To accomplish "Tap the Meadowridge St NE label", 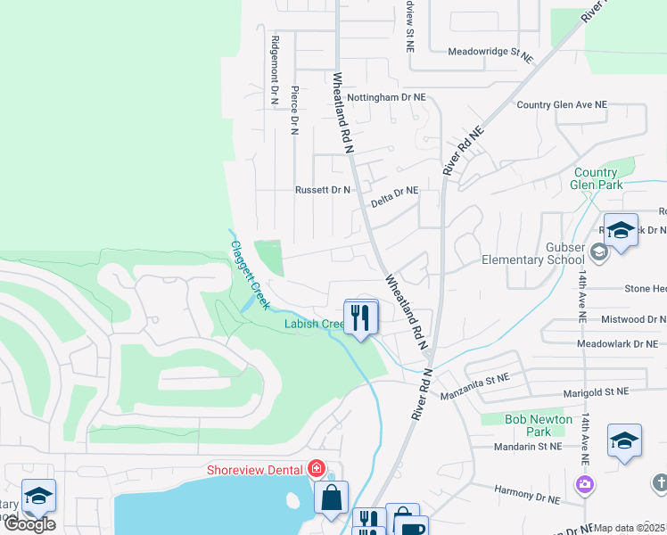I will coord(490,53).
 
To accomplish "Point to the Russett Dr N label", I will coord(323,190).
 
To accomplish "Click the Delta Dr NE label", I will coord(394,190).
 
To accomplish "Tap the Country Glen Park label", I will coord(596,179).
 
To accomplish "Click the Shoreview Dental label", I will coord(255,469).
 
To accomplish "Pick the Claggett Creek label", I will coord(250,275).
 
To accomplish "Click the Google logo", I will coord(29,524).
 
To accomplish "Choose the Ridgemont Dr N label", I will coord(276,70).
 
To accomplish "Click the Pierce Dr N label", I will coord(294,108).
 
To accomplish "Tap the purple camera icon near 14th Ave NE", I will coord(585,484).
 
